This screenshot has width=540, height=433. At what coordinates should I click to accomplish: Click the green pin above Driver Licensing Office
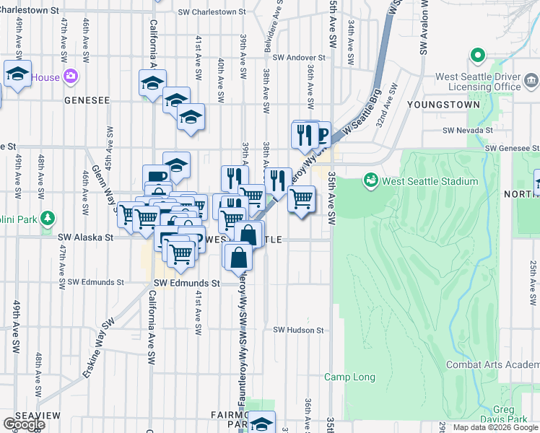click(x=476, y=56)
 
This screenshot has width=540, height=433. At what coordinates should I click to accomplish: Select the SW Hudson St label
click(x=297, y=330)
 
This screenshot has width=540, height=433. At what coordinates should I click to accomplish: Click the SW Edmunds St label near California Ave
click(x=186, y=284)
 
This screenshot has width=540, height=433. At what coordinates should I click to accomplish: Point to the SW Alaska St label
click(x=86, y=237)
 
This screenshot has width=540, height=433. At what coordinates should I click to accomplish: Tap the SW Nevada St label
click(x=468, y=131)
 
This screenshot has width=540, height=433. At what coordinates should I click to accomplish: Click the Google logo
click(x=23, y=424)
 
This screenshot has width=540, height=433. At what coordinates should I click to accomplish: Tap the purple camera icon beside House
click(x=71, y=76)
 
